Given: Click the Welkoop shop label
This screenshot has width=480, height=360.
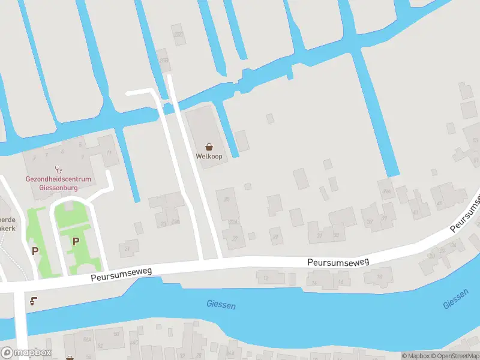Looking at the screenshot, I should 209,156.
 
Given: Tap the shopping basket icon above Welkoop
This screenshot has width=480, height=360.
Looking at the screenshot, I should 209,146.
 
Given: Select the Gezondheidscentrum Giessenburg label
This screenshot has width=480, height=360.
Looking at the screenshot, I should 58,183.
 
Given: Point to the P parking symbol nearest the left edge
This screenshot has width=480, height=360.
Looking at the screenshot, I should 35,251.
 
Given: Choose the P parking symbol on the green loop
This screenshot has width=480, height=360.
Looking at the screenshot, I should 76,241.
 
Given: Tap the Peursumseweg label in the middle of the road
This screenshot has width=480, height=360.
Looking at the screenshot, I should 338,262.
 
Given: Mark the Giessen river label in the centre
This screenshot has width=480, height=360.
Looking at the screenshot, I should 221,305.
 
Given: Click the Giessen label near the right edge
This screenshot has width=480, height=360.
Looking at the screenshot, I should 455,299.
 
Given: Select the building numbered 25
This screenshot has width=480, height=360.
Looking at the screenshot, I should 227,199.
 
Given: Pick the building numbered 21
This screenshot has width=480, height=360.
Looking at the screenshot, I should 127,248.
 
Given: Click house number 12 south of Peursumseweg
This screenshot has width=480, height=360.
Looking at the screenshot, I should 265,278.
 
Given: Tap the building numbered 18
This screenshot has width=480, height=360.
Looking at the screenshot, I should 380,277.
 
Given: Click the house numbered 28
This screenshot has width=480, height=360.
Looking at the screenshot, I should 275,237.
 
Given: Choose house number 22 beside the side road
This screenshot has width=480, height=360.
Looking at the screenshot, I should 235,239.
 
